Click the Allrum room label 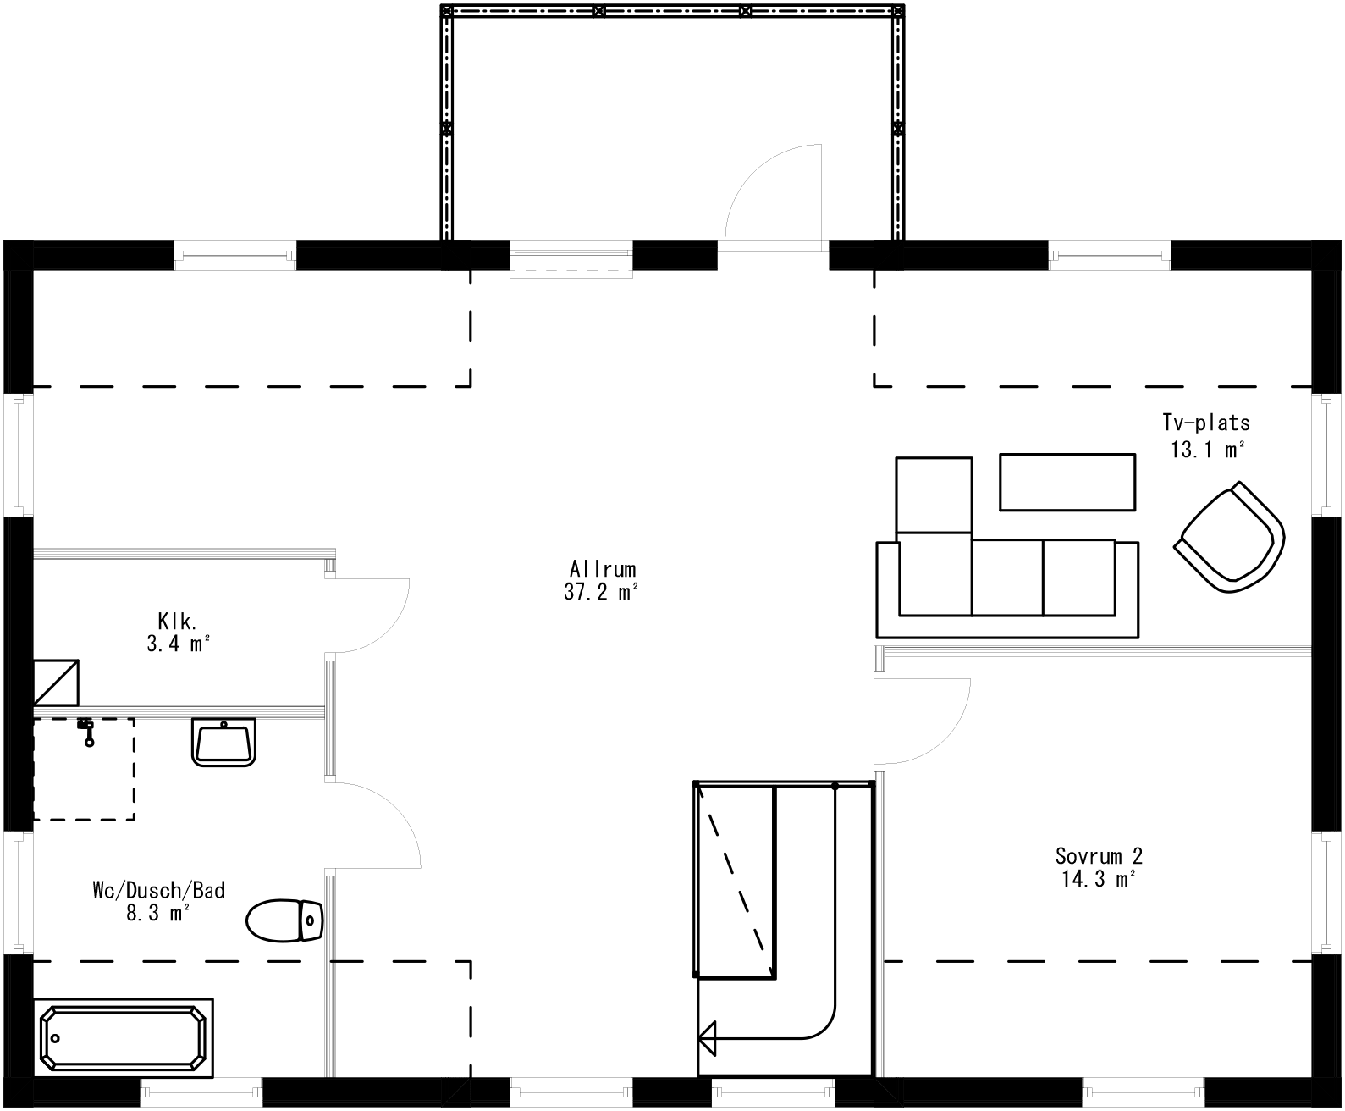(602, 569)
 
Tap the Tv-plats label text (1205, 423)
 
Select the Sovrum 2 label (1098, 855)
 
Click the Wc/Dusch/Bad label (158, 890)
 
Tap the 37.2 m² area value (600, 593)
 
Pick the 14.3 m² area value (1098, 880)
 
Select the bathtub (123, 1037)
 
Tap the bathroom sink (224, 742)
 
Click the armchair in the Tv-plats (1229, 537)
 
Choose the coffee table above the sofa (1067, 482)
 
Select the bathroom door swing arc (389, 817)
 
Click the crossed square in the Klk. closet (56, 682)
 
